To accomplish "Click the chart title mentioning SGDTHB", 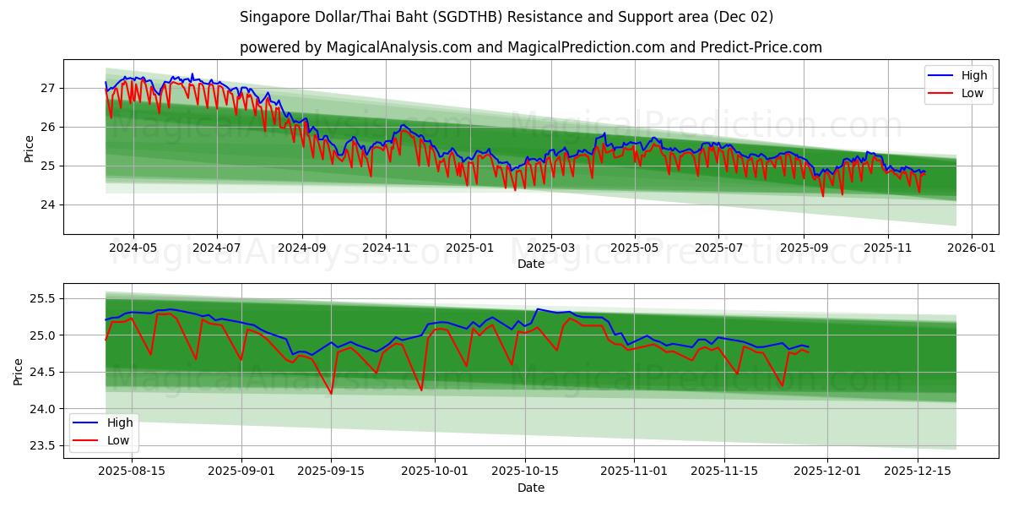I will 506,17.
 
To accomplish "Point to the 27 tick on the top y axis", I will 48,88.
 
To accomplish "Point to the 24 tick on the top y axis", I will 48,204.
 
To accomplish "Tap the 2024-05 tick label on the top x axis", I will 133,248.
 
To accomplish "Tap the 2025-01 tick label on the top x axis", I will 469,248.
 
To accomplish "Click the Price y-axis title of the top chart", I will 30,147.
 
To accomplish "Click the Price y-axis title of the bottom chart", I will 19,371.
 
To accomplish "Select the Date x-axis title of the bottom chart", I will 530,488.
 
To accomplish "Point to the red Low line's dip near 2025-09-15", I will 331,394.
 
